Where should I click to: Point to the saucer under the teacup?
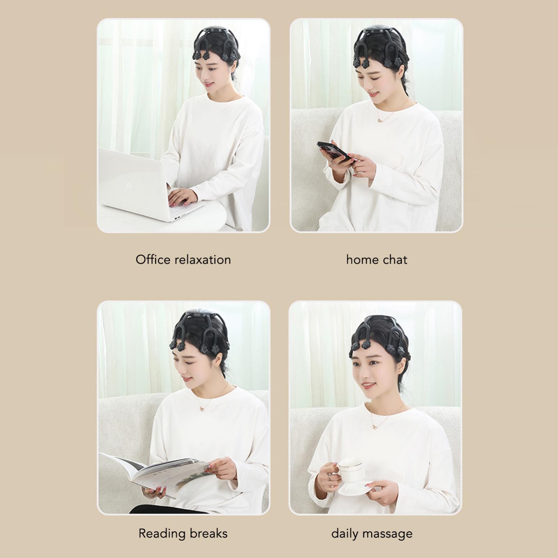pos(355,487)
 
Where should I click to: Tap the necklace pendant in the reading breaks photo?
pos(202,407)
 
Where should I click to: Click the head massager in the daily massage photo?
pos(380,335)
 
